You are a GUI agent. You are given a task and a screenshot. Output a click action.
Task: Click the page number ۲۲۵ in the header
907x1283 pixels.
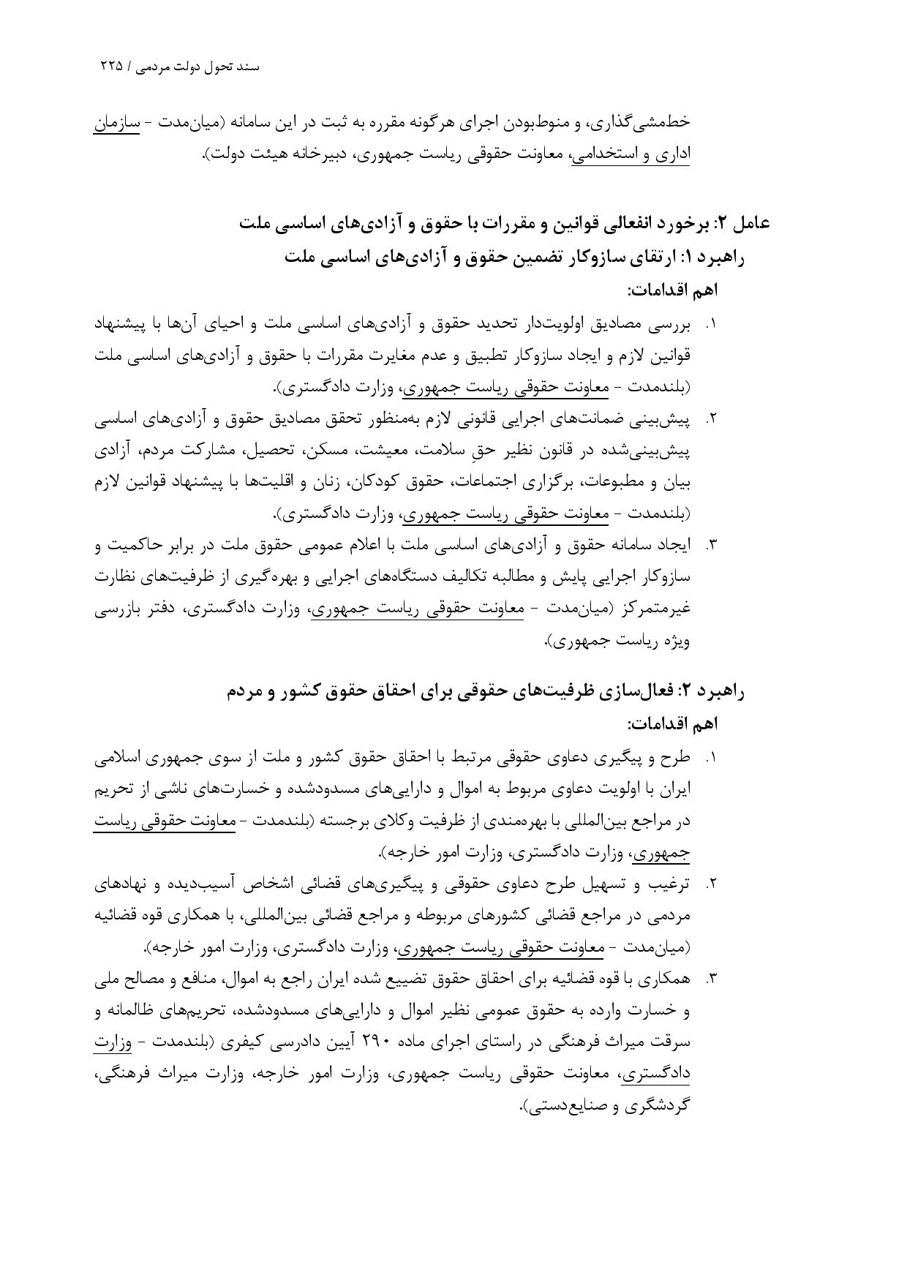(112, 66)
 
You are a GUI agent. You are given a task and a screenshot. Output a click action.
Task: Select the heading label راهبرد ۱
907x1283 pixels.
(716, 257)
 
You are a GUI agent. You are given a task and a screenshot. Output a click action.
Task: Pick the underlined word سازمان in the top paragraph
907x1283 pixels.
(117, 123)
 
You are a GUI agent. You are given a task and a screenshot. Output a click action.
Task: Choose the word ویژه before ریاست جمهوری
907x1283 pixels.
(677, 641)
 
